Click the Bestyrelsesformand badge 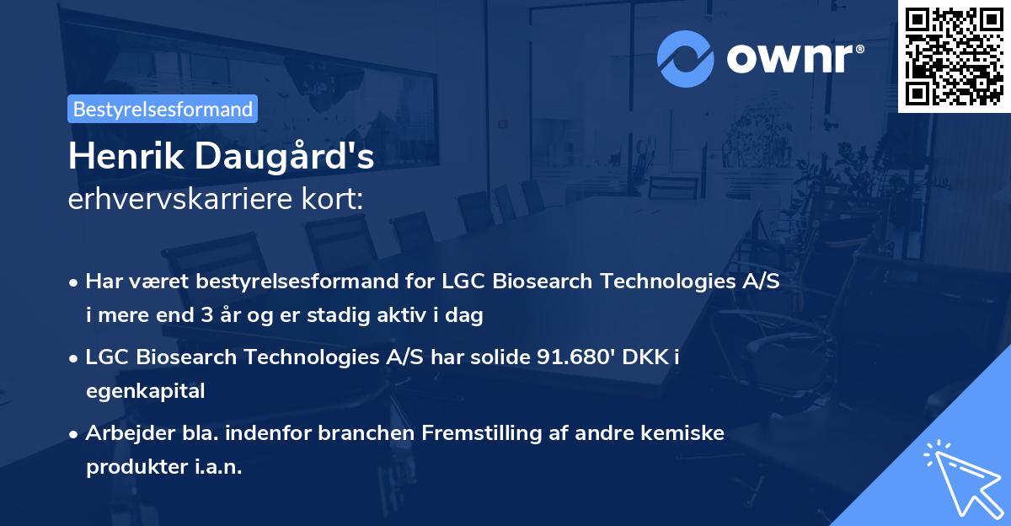pos(162,109)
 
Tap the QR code pos(955,56)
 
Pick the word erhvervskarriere pos(168,200)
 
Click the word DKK pos(645,358)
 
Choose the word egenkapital pos(146,391)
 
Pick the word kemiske pos(685,434)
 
